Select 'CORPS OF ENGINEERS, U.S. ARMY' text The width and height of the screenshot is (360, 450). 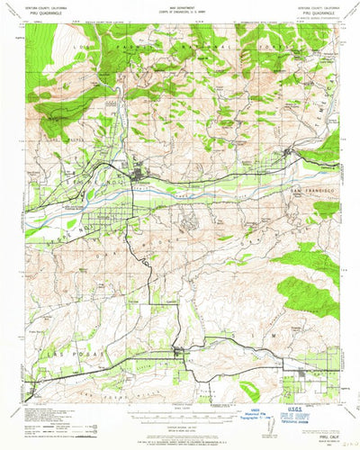(x=180, y=14)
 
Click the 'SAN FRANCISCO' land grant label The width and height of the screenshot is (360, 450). (x=311, y=192)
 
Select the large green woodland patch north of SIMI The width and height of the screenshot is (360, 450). (x=308, y=292)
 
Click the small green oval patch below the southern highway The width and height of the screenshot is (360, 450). (x=249, y=389)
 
